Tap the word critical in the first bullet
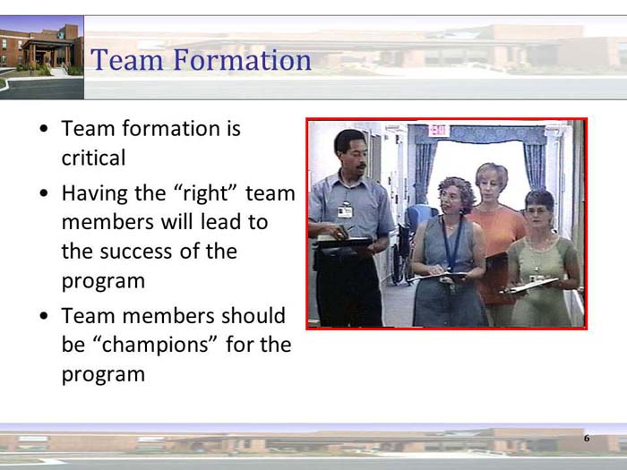tap(93, 158)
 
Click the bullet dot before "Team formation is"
tap(44, 130)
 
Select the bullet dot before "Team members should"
tap(44, 317)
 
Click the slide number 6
tap(587, 439)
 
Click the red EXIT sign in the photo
tap(438, 131)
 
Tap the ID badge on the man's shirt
tap(345, 209)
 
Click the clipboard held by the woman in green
tap(531, 285)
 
